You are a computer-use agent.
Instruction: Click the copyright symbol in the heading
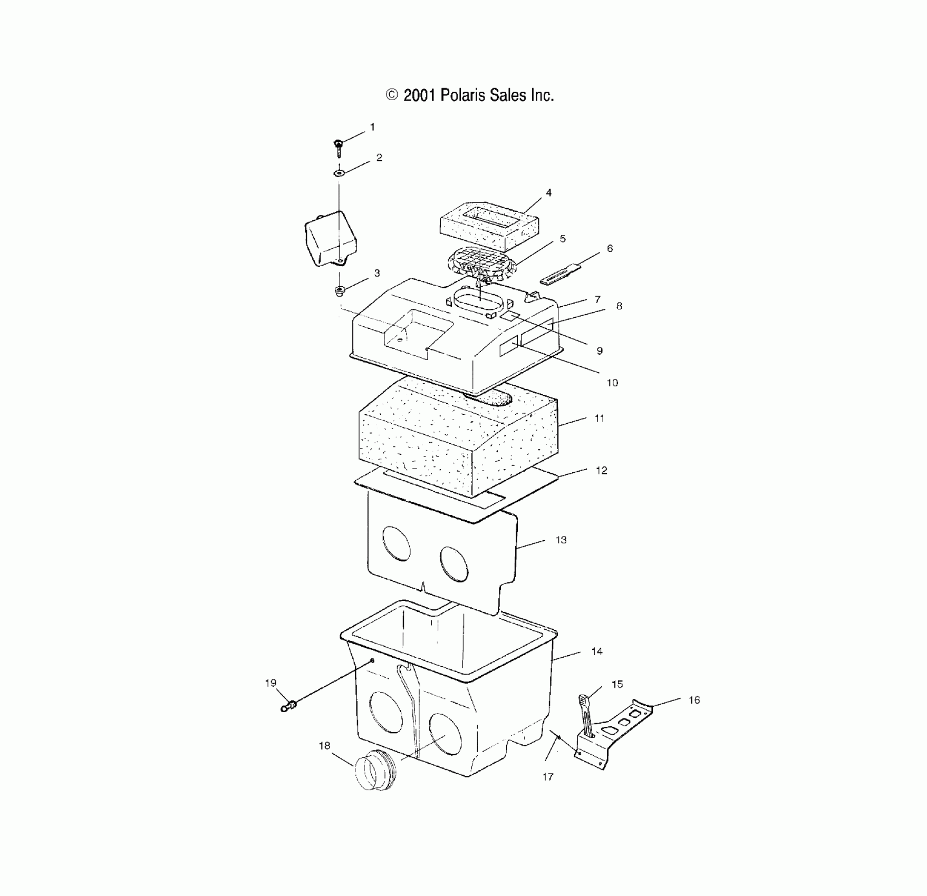[x=392, y=95]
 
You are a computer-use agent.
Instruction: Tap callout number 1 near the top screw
[x=372, y=127]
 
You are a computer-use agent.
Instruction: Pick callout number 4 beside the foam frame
[x=548, y=193]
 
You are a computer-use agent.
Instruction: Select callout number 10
[x=612, y=383]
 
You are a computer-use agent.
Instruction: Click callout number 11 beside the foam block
[x=600, y=418]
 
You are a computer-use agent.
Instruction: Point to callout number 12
[x=601, y=471]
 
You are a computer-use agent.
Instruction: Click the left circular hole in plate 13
[x=397, y=543]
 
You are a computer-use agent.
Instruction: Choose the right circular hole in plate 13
[x=454, y=564]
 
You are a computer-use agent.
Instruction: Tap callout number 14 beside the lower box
[x=597, y=651]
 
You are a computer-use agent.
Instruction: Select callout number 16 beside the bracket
[x=694, y=700]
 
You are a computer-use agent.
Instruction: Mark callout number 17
[x=547, y=776]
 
